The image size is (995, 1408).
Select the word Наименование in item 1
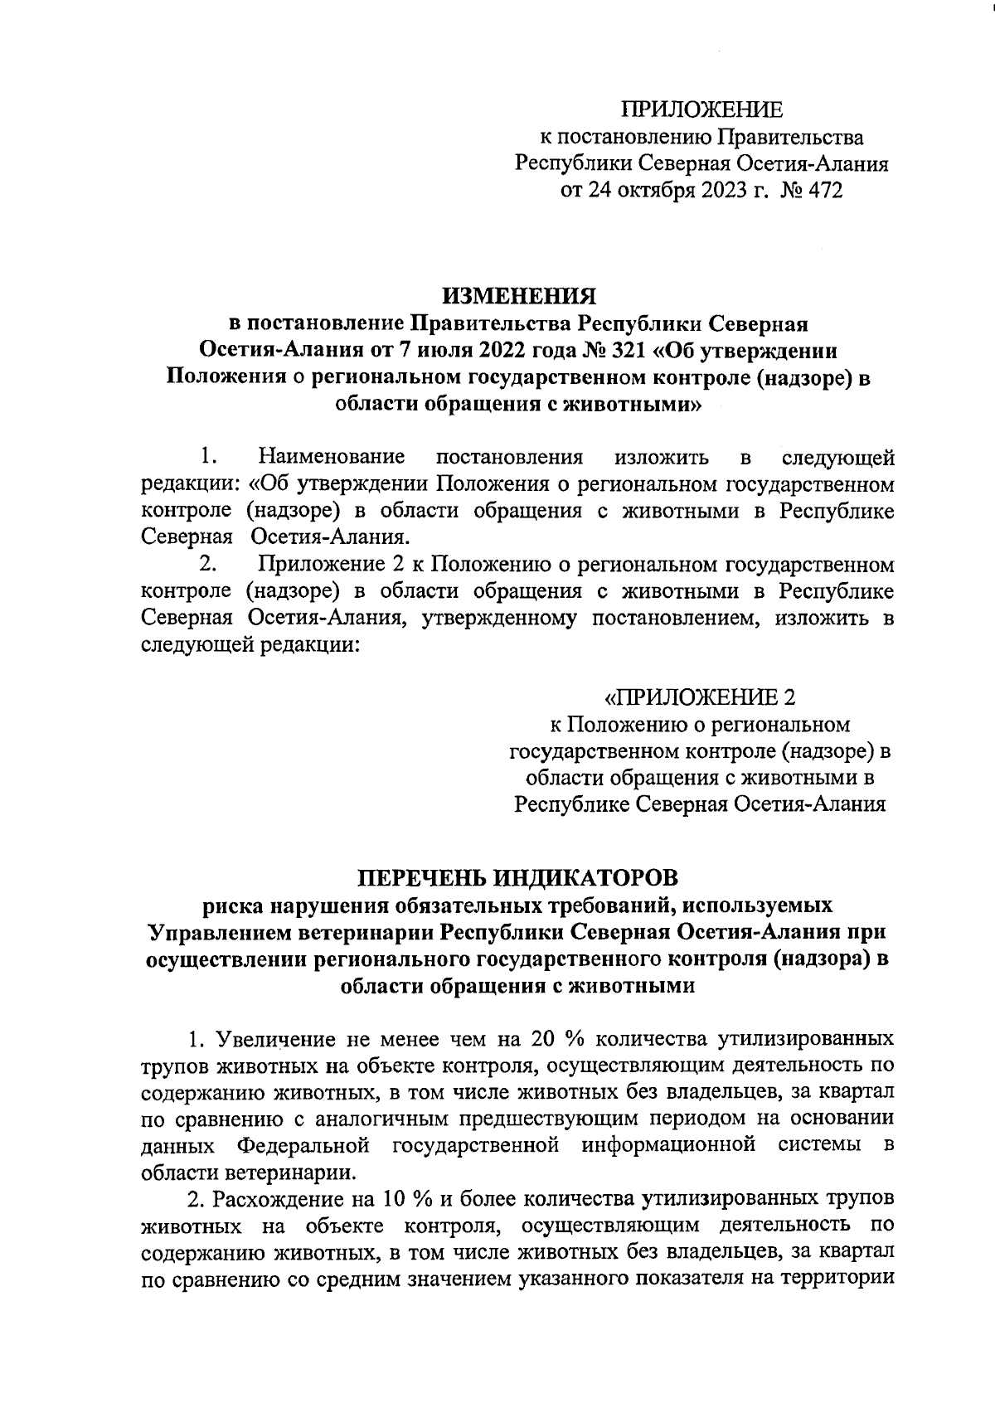point(332,457)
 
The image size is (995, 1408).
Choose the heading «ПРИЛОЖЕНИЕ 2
point(701,695)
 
